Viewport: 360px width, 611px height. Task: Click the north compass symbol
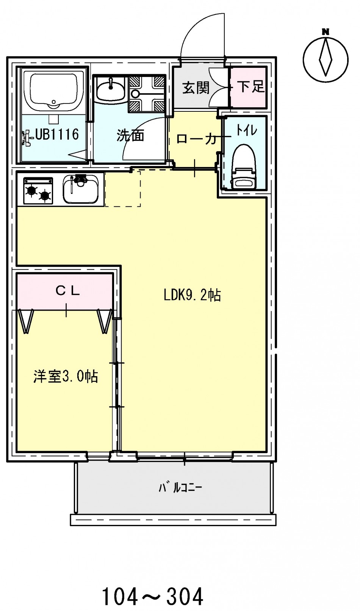(x=326, y=57)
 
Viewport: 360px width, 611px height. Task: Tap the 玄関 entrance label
(x=196, y=88)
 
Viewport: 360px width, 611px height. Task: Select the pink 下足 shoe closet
(x=248, y=87)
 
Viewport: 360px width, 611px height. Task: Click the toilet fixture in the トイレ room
(x=243, y=167)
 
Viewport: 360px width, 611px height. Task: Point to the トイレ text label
(x=246, y=130)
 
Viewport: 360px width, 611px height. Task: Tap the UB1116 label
(x=57, y=134)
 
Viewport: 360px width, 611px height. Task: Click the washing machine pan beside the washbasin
(x=147, y=94)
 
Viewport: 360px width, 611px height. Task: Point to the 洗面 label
(x=130, y=135)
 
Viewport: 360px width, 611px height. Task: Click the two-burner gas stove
(x=38, y=191)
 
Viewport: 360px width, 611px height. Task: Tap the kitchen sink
(x=81, y=189)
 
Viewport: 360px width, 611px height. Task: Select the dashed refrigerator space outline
(x=123, y=188)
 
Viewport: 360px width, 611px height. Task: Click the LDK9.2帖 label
(x=192, y=295)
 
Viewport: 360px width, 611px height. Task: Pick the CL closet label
(x=68, y=291)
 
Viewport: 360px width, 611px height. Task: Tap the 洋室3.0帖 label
(x=66, y=377)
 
